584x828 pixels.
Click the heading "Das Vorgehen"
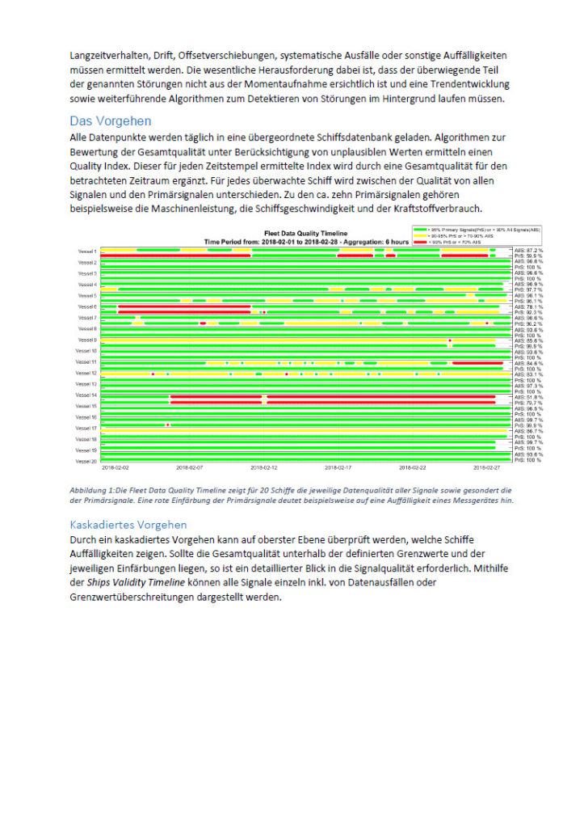(110, 121)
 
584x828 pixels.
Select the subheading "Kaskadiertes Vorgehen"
(128, 524)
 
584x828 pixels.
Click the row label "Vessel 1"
(87, 251)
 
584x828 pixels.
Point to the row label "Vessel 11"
(86, 362)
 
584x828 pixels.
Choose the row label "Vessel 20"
(86, 461)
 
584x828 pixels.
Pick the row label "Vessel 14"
(86, 395)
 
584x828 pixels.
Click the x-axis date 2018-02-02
(116, 467)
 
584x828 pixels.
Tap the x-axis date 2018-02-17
(339, 467)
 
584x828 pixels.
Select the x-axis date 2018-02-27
(487, 467)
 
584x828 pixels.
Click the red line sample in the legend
(421, 242)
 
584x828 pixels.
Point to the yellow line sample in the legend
(421, 236)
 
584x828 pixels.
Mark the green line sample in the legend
(421, 230)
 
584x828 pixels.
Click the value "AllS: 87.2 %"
(529, 251)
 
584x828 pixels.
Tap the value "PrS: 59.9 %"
(529, 256)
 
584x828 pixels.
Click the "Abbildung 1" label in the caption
(92, 490)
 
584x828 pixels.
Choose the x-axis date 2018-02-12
(264, 467)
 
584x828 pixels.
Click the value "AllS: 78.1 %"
(529, 306)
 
